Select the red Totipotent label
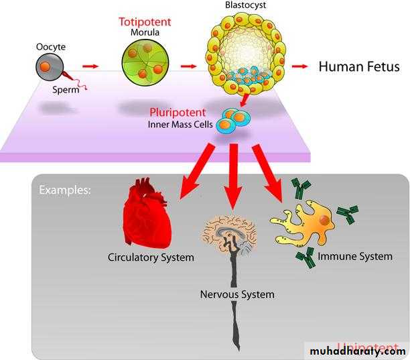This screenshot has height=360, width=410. (x=145, y=21)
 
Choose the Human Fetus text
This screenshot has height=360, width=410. (x=358, y=66)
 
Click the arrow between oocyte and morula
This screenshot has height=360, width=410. (x=90, y=66)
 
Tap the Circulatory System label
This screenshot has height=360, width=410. (x=151, y=257)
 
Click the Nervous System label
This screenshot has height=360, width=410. (x=238, y=294)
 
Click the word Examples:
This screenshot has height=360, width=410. (x=65, y=190)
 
